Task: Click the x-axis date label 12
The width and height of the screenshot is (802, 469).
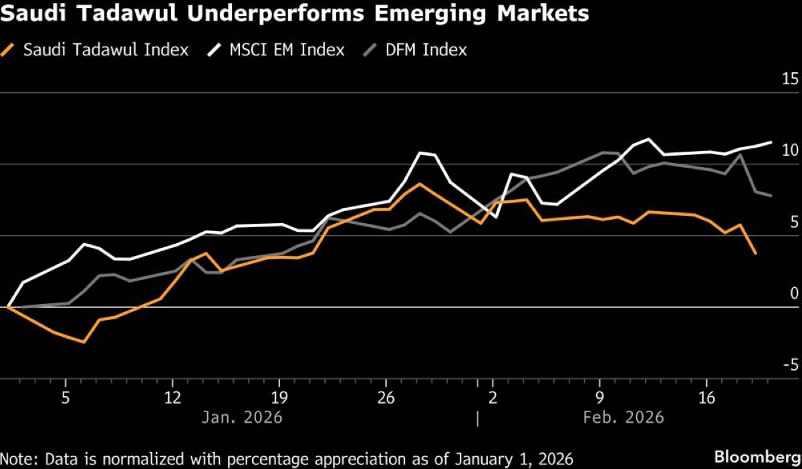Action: pyautogui.click(x=172, y=399)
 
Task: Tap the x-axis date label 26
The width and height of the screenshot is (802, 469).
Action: pyautogui.click(x=386, y=399)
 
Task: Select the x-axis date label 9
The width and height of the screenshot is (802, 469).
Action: pyautogui.click(x=599, y=399)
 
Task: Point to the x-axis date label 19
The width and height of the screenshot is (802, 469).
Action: pyautogui.click(x=279, y=399)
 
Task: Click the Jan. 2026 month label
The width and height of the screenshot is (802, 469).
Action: pyautogui.click(x=242, y=418)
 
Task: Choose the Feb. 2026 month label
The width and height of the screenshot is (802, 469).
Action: pyautogui.click(x=624, y=418)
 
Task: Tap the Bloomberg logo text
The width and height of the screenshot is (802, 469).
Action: pyautogui.click(x=757, y=458)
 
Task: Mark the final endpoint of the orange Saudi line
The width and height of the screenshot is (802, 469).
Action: pyautogui.click(x=755, y=253)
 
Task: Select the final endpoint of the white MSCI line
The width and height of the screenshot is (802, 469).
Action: pyautogui.click(x=771, y=142)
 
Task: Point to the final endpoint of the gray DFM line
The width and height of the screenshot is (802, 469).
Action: pyautogui.click(x=771, y=195)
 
